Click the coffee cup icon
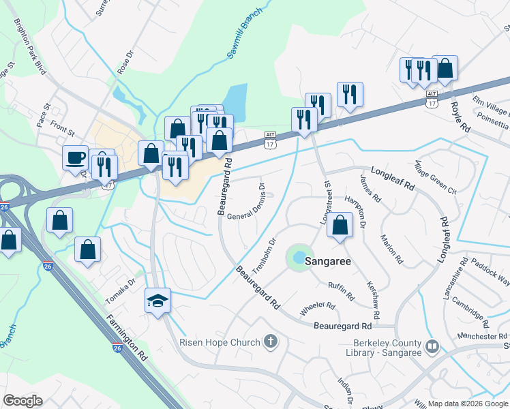76,158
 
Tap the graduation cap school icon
157,300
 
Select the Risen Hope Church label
220,342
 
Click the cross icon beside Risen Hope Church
271,342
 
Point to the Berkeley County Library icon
431,347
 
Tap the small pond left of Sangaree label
299,257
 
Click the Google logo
22,401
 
